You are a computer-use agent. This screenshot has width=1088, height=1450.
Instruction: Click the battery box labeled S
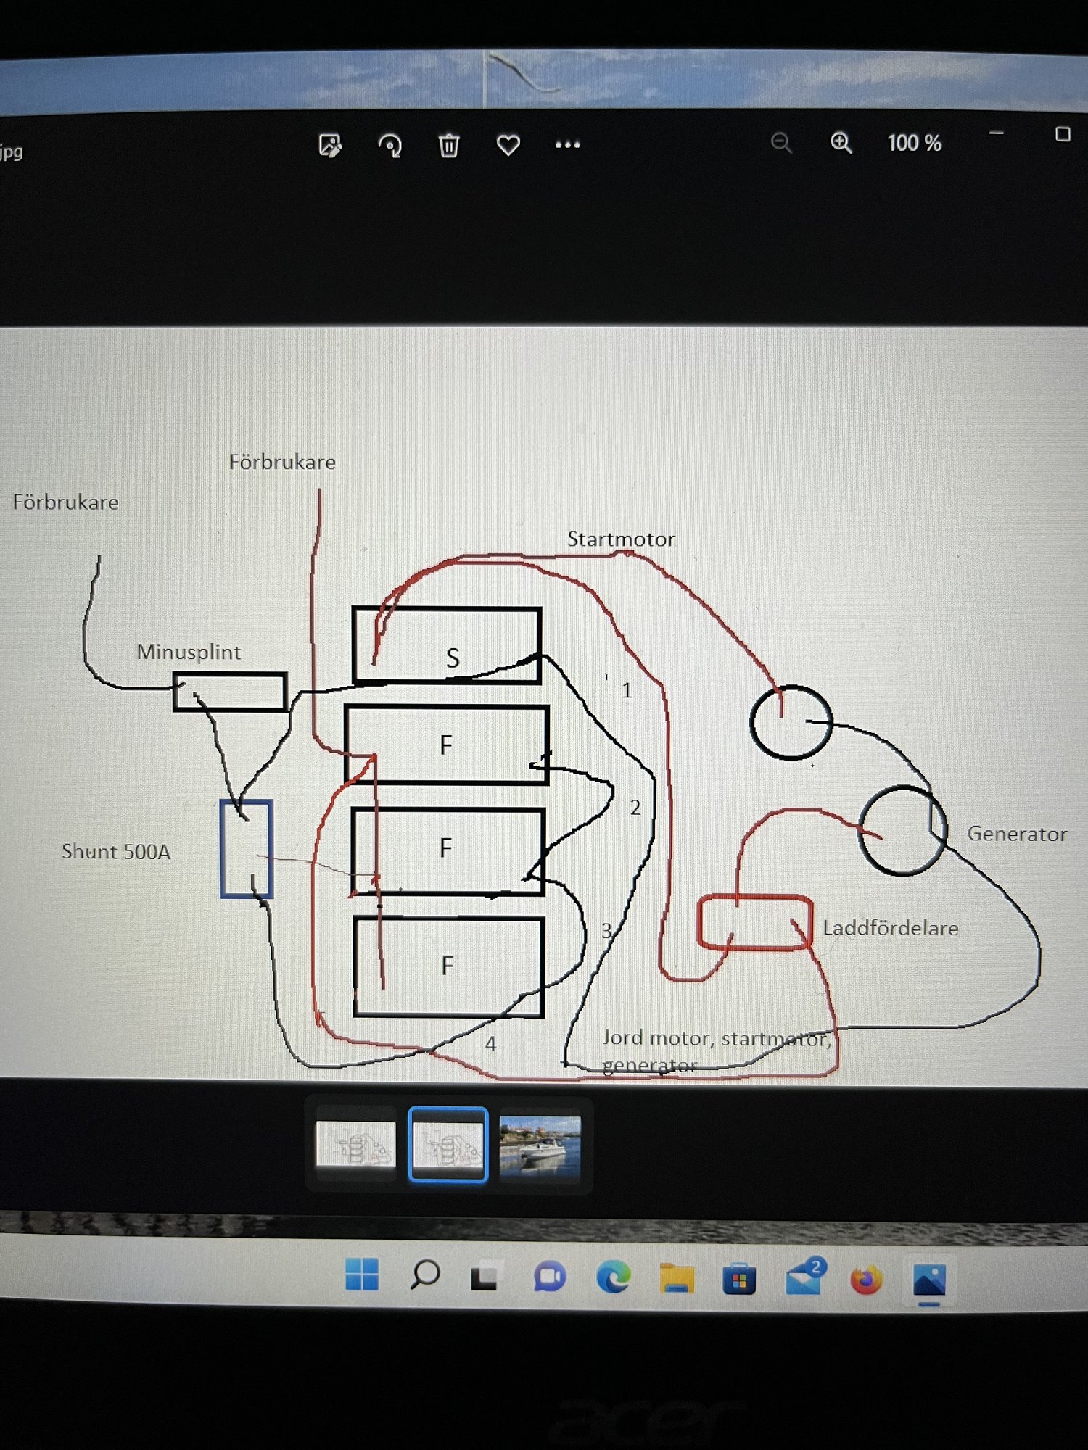446,645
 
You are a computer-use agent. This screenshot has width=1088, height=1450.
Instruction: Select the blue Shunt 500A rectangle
246,848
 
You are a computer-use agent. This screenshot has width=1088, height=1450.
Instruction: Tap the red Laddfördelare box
754,922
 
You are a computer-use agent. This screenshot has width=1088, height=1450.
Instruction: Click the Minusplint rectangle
229,692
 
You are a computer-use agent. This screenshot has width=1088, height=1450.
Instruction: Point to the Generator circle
902,831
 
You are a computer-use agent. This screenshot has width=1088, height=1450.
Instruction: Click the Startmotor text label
620,539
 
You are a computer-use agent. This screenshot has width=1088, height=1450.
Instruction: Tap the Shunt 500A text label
116,851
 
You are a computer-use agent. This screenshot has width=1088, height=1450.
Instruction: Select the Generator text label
1017,834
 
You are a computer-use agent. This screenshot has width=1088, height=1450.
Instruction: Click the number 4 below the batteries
490,1044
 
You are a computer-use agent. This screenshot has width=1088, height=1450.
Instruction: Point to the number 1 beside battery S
627,690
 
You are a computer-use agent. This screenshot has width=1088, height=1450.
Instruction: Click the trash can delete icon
449,145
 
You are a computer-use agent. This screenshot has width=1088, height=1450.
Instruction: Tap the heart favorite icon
508,145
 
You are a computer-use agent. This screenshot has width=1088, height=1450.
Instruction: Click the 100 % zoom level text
914,143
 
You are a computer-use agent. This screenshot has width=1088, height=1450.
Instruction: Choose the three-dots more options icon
567,145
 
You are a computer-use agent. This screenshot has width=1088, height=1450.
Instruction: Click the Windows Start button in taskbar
362,1275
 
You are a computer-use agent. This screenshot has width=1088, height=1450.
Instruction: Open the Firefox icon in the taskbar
866,1280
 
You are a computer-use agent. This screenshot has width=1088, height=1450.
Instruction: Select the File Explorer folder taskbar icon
677,1278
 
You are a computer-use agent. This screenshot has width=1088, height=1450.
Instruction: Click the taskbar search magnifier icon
425,1275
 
